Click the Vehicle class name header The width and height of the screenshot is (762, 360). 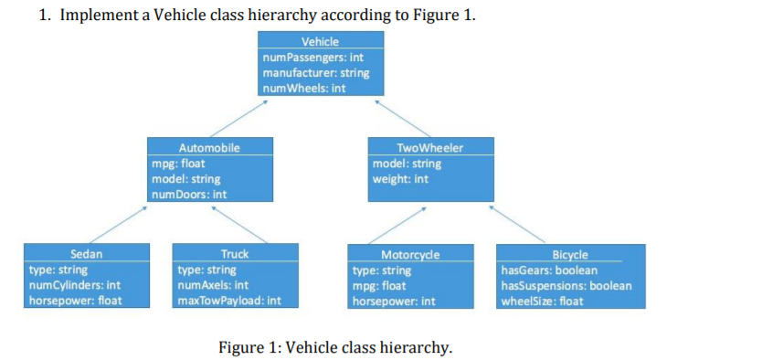click(320, 42)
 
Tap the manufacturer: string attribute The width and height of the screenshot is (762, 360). click(315, 73)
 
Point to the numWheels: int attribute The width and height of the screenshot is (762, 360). click(303, 88)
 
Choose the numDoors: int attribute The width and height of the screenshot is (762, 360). click(189, 194)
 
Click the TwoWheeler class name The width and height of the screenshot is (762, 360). click(430, 147)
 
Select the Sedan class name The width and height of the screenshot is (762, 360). click(86, 254)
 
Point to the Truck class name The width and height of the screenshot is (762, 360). click(235, 254)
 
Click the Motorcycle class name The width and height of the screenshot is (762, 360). click(411, 255)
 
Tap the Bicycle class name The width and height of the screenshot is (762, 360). click(570, 254)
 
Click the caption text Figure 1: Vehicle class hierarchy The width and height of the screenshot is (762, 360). click(335, 347)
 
